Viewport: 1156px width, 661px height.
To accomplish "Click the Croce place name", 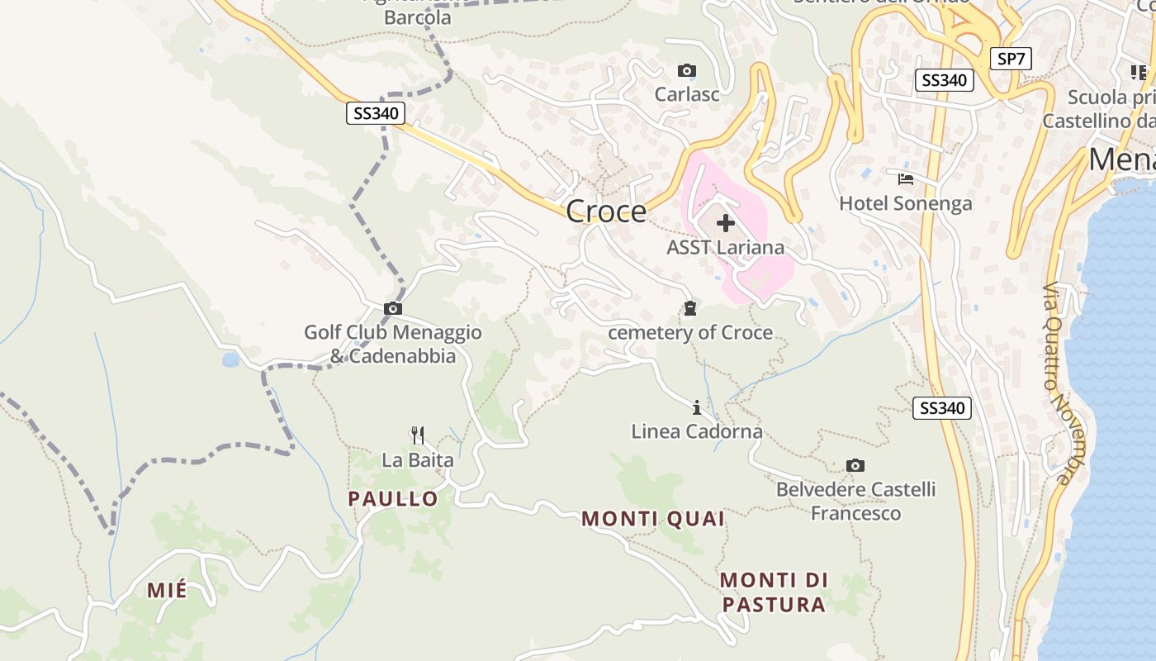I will click(x=606, y=212).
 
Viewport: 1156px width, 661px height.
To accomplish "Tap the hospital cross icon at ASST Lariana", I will click(x=726, y=223).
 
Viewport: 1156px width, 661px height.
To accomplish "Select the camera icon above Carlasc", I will click(x=686, y=71).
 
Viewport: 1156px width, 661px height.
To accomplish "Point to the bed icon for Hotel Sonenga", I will click(x=906, y=178).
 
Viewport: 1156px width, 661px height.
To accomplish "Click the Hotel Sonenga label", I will click(x=906, y=203).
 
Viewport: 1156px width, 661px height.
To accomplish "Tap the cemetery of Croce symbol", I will click(x=690, y=309).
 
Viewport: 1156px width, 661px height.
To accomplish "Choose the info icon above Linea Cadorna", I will click(x=697, y=407).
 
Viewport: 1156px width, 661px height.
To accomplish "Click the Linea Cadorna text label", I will click(x=697, y=431).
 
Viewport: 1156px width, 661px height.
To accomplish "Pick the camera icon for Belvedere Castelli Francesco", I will click(x=855, y=466).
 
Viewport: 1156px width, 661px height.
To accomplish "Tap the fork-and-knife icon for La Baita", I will click(x=418, y=435).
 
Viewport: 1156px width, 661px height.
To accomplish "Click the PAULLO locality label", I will click(x=393, y=499).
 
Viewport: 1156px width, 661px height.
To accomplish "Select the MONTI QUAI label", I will click(x=653, y=519).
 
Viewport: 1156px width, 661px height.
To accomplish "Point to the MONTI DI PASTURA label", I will click(x=774, y=592).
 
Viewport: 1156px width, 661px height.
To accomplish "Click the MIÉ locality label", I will click(x=167, y=591).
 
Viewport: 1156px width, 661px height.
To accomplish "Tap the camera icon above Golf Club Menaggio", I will click(x=393, y=309).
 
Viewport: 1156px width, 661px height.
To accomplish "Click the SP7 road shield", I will click(x=1011, y=59).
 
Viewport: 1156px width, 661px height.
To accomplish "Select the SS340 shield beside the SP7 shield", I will click(x=945, y=80).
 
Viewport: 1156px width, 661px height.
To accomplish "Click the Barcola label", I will click(x=418, y=17).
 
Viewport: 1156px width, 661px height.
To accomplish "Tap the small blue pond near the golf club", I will click(x=230, y=360).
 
